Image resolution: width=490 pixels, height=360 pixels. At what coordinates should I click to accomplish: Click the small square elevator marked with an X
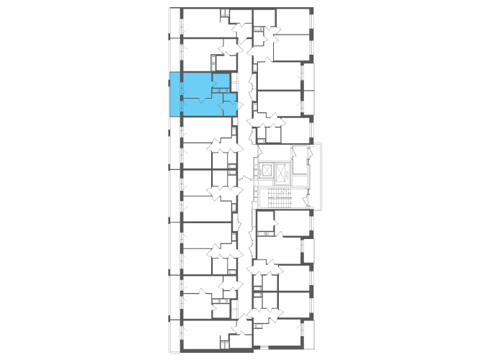[x=267, y=170]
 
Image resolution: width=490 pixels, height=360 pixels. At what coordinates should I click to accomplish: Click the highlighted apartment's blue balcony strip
[x=174, y=94]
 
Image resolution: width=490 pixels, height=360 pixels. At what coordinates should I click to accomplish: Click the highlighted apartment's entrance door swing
[x=235, y=107]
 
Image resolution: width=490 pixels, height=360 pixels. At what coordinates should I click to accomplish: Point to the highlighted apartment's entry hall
[x=228, y=106]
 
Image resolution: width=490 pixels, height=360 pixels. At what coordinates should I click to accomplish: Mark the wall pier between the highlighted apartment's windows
[x=182, y=97]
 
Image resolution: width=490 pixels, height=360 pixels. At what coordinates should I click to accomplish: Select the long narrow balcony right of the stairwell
[x=316, y=176]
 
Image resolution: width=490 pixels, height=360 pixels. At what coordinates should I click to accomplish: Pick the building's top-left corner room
[x=202, y=22]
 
